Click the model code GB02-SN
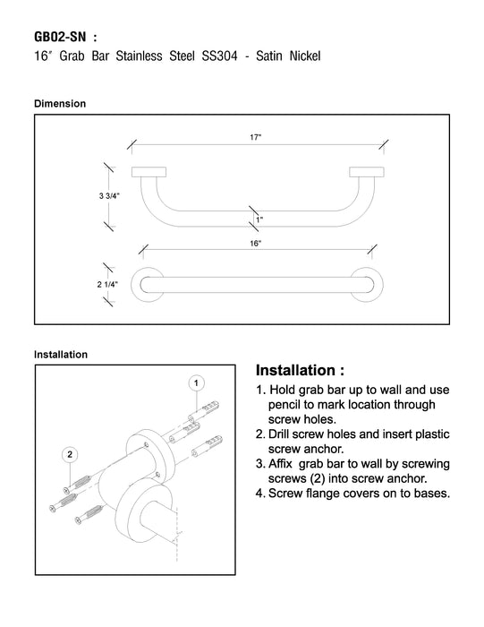point(60,37)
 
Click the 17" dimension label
point(256,137)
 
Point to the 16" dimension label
point(256,243)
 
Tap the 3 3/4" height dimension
point(109,196)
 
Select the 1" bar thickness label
point(259,219)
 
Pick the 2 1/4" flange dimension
point(107,284)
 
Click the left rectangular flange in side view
point(149,172)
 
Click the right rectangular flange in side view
point(367,172)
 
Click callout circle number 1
point(196,383)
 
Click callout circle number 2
point(70,454)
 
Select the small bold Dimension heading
point(60,104)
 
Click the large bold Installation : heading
point(300,370)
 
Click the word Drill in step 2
point(279,434)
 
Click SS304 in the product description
point(220,56)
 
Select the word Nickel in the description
point(305,56)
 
